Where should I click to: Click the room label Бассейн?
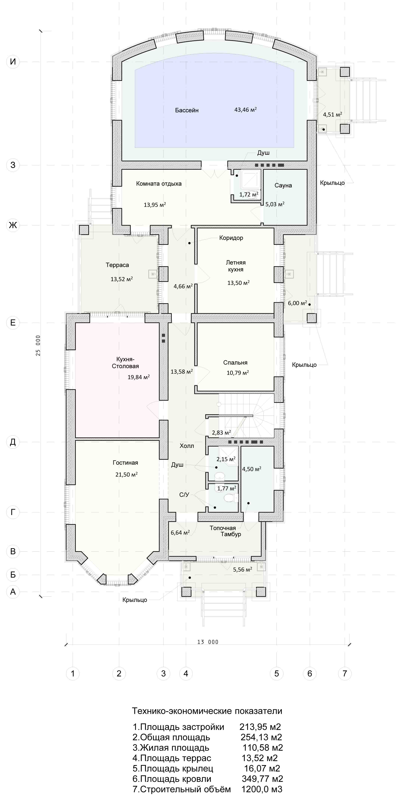tap(187, 110)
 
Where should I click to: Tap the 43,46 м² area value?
tap(245, 110)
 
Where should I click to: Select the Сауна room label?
tap(283, 185)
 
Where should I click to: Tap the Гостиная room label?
tap(125, 463)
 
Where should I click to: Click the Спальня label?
tap(235, 363)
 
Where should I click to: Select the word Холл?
tap(187, 446)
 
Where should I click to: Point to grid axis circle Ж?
tap(13, 225)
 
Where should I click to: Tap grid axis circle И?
tap(13, 62)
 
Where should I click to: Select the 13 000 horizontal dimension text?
tap(208, 642)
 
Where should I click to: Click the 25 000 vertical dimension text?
tap(38, 345)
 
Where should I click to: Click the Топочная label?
tap(223, 528)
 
